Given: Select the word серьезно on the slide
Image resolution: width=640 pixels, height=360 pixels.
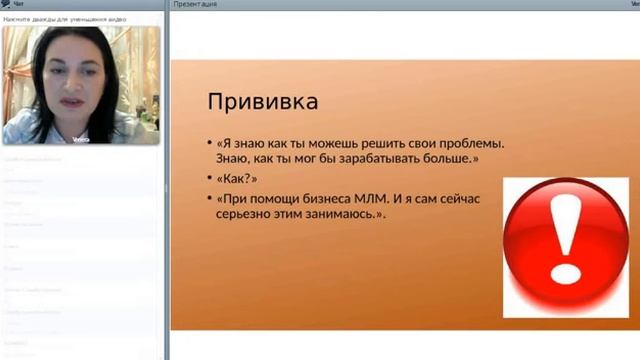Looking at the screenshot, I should point(246,215).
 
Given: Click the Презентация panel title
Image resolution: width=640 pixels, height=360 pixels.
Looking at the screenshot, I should point(195,5).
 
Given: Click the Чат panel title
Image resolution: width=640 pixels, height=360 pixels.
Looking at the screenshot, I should point(17,5).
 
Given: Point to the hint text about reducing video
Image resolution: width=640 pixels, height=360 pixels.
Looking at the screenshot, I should point(56,19).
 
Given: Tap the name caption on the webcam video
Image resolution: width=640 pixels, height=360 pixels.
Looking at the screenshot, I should point(80,140).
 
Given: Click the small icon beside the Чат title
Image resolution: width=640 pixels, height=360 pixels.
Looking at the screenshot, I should point(5,5).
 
